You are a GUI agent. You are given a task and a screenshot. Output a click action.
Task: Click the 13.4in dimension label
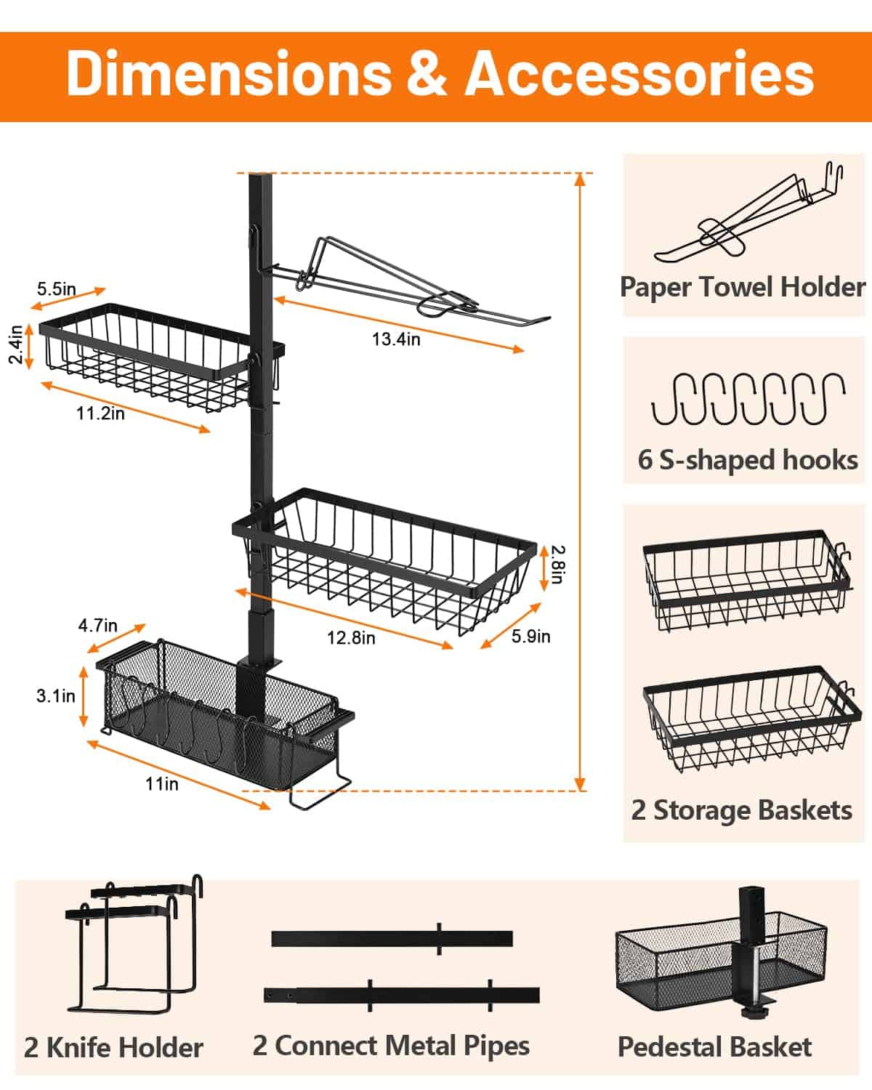coord(396,339)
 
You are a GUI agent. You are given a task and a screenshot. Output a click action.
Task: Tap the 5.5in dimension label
coord(57,288)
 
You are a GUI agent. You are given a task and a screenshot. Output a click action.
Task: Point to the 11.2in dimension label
coord(100,413)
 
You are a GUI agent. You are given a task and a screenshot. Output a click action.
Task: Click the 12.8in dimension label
coord(351,637)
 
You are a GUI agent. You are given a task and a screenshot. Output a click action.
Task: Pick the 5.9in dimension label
coord(530,637)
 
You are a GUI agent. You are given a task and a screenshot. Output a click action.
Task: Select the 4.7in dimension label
coord(97,625)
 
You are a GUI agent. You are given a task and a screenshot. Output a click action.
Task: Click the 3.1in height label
coord(56,695)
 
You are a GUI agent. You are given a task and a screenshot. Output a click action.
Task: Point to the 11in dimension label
coord(161,783)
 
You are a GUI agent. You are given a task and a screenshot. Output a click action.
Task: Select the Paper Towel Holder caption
coord(743,287)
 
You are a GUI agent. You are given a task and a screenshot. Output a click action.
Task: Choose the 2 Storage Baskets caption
coord(742,810)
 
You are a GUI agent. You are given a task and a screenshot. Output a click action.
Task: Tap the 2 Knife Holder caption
coord(113,1047)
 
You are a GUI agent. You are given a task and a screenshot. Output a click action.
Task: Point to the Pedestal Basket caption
coord(714,1046)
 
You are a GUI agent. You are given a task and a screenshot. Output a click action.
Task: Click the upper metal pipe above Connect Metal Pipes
coord(392,938)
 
